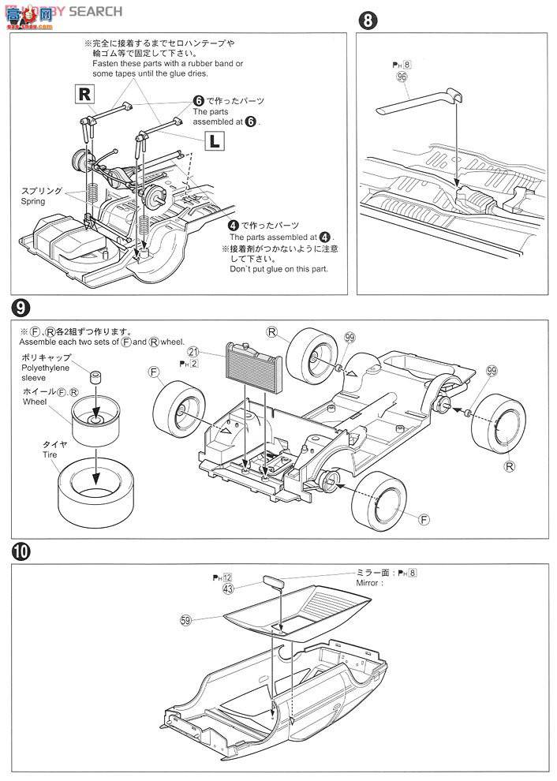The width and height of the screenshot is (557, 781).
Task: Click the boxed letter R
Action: click(84, 95)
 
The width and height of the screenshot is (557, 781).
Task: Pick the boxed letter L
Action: click(214, 141)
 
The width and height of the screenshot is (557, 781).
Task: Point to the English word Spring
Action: click(34, 201)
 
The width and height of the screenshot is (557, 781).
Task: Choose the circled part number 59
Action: click(186, 621)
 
